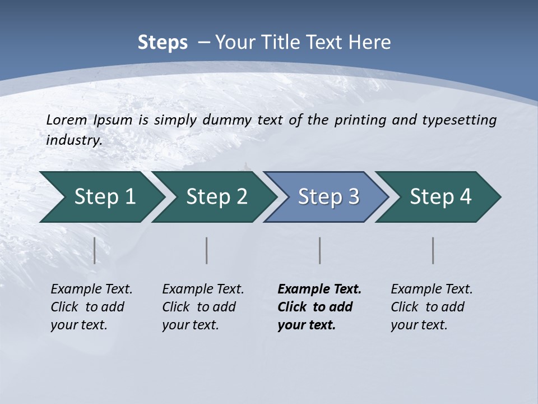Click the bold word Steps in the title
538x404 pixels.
163,43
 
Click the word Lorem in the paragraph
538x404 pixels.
67,120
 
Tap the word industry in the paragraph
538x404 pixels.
74,140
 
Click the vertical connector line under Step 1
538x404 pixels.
95,250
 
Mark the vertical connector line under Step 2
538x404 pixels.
207,250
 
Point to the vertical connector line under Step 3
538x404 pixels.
320,250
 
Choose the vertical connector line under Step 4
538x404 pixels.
433,250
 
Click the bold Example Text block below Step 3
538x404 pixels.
319,307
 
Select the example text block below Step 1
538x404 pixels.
91,307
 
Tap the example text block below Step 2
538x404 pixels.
203,307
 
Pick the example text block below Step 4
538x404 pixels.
432,307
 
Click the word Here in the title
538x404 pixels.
370,43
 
